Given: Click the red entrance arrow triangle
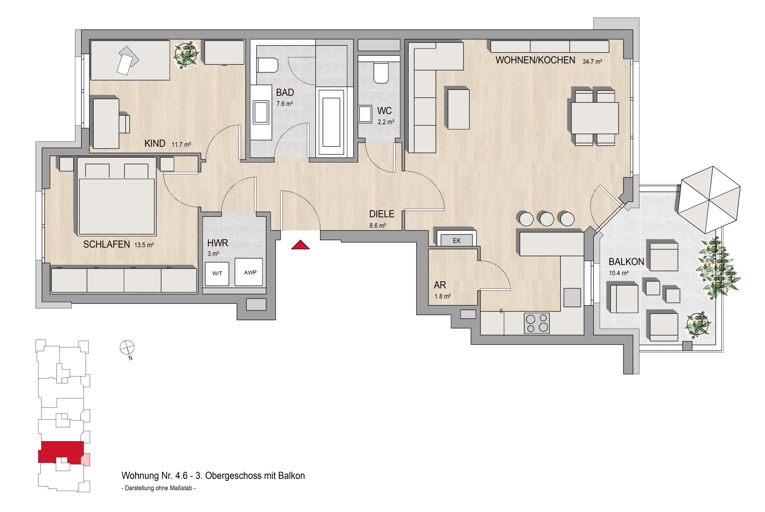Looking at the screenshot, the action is (300, 245).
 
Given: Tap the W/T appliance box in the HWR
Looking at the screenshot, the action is (217, 274).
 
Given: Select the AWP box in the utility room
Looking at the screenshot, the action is (249, 272).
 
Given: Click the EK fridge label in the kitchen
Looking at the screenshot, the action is (457, 241).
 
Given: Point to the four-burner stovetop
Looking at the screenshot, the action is (537, 323).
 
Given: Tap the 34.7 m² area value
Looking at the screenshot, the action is (592, 62).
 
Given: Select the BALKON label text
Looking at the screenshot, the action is (626, 262).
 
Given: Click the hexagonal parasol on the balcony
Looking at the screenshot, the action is (709, 200).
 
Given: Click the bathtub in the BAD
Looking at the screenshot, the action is (331, 122).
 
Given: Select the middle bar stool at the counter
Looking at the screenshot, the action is (547, 219).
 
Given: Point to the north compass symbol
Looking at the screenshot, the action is (127, 347).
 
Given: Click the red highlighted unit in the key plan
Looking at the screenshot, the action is (61, 452).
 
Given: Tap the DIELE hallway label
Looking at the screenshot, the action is (382, 214).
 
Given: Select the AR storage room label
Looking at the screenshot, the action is (440, 285).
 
